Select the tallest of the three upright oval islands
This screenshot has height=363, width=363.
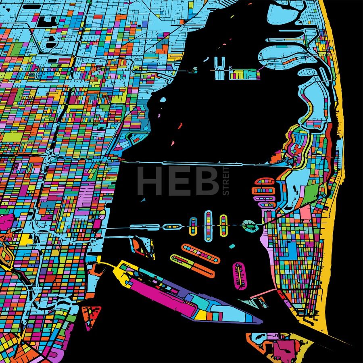208,226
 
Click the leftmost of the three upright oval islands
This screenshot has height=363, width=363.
194,227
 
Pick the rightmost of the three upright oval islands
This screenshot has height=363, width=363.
223,225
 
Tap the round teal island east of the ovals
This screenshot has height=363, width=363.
250,225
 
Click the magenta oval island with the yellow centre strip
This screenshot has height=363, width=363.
239,275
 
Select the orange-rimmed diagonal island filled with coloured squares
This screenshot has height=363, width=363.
200,253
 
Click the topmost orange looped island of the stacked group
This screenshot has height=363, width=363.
264,181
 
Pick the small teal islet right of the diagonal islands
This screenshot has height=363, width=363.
232,246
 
